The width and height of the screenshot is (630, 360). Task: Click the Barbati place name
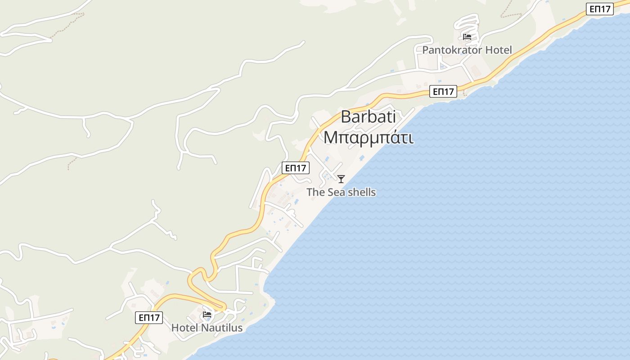click(x=368, y=117)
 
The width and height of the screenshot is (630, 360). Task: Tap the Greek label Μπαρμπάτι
click(x=368, y=138)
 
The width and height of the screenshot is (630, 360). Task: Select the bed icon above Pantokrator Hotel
click(x=467, y=36)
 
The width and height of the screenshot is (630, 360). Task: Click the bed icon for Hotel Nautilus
click(x=207, y=314)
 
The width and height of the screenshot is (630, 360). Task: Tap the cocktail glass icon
click(x=341, y=179)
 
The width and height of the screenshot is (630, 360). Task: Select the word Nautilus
click(x=221, y=328)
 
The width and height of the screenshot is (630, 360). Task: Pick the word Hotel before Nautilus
click(x=184, y=328)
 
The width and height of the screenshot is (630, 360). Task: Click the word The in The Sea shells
click(x=315, y=193)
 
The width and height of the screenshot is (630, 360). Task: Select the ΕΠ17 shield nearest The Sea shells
click(x=296, y=168)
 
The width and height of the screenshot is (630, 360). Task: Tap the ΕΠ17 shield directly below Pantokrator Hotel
click(x=443, y=91)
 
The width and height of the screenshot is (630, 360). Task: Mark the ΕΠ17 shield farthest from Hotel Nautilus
click(x=600, y=9)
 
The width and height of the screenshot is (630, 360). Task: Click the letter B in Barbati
click(x=346, y=117)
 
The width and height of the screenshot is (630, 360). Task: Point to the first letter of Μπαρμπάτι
click(x=330, y=138)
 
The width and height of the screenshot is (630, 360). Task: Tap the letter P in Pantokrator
click(x=425, y=50)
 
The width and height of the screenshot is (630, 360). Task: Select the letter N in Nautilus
click(x=204, y=328)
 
